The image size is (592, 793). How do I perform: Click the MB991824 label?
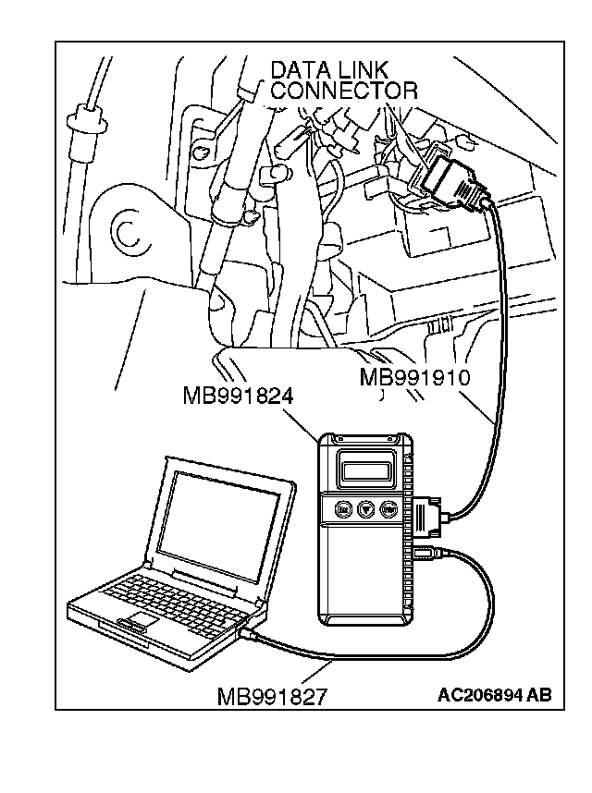click(238, 396)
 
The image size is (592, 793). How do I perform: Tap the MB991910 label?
click(415, 377)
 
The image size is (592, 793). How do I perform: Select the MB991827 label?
click(272, 697)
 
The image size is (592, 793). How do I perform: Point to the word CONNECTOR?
click(345, 91)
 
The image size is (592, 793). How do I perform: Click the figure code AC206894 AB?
click(494, 695)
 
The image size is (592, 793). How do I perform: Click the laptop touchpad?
click(137, 619)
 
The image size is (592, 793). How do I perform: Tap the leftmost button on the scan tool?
click(344, 509)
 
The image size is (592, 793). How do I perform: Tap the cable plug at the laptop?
click(250, 633)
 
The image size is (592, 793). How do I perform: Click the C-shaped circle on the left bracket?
click(132, 233)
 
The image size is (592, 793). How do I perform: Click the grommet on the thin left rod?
click(87, 120)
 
